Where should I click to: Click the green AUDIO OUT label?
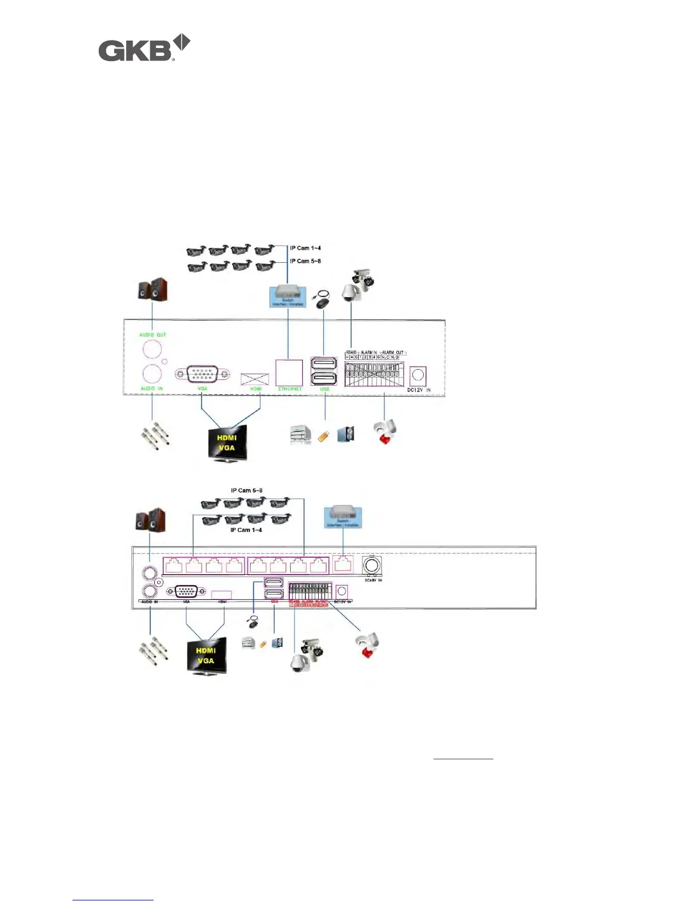pos(153,335)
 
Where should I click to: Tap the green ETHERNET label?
pos(290,389)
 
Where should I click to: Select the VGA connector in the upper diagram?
pos(202,374)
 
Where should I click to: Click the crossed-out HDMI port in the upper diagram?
pos(255,379)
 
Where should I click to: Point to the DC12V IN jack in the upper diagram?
pos(418,375)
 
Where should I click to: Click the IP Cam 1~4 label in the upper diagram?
pos(306,248)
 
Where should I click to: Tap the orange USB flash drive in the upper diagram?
pos(323,437)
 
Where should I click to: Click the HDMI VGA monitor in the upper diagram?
pos(227,442)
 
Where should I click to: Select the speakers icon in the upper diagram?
pos(152,290)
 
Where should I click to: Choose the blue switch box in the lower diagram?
pos(343,516)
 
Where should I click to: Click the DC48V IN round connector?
pos(372,566)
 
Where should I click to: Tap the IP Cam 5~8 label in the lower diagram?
pos(247,490)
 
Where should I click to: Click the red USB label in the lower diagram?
pos(275,602)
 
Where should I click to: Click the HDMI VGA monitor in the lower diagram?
pos(206,656)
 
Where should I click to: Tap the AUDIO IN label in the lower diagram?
pos(150,602)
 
